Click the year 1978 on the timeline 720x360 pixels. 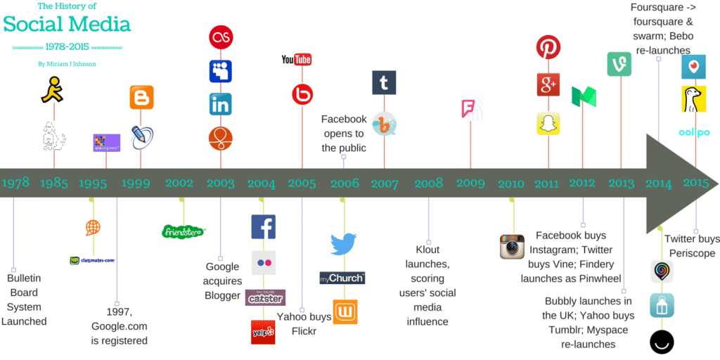[15, 184]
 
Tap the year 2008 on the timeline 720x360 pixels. [428, 184]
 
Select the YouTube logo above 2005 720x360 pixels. [296, 60]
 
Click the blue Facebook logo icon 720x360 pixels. [263, 226]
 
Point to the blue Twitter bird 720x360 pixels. [344, 244]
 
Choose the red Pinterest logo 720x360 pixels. [548, 48]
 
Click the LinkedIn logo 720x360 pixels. [221, 104]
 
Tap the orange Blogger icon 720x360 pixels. [141, 97]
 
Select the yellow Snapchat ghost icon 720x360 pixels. [548, 123]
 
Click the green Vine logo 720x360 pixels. [619, 64]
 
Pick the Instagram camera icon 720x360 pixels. [513, 247]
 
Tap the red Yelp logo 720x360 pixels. [263, 332]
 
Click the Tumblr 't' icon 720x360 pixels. [384, 83]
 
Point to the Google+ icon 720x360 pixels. [548, 84]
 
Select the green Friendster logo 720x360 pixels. [183, 231]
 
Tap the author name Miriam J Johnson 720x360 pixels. [67, 64]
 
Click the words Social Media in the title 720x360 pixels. [67, 25]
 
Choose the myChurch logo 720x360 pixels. [342, 278]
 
